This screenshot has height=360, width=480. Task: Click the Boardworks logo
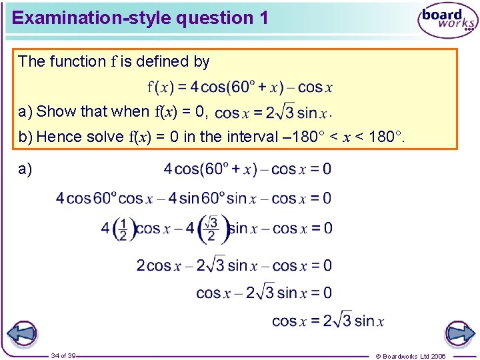click(x=447, y=21)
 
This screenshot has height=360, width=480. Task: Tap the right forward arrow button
click(x=459, y=333)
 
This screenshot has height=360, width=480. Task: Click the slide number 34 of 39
click(x=63, y=355)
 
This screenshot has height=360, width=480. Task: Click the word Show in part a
click(x=55, y=111)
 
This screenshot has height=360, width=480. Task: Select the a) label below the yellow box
click(x=25, y=169)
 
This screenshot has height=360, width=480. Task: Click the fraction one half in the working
click(x=123, y=229)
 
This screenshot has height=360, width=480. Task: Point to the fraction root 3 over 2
click(x=211, y=229)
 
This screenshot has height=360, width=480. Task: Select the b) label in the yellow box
click(x=25, y=137)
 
